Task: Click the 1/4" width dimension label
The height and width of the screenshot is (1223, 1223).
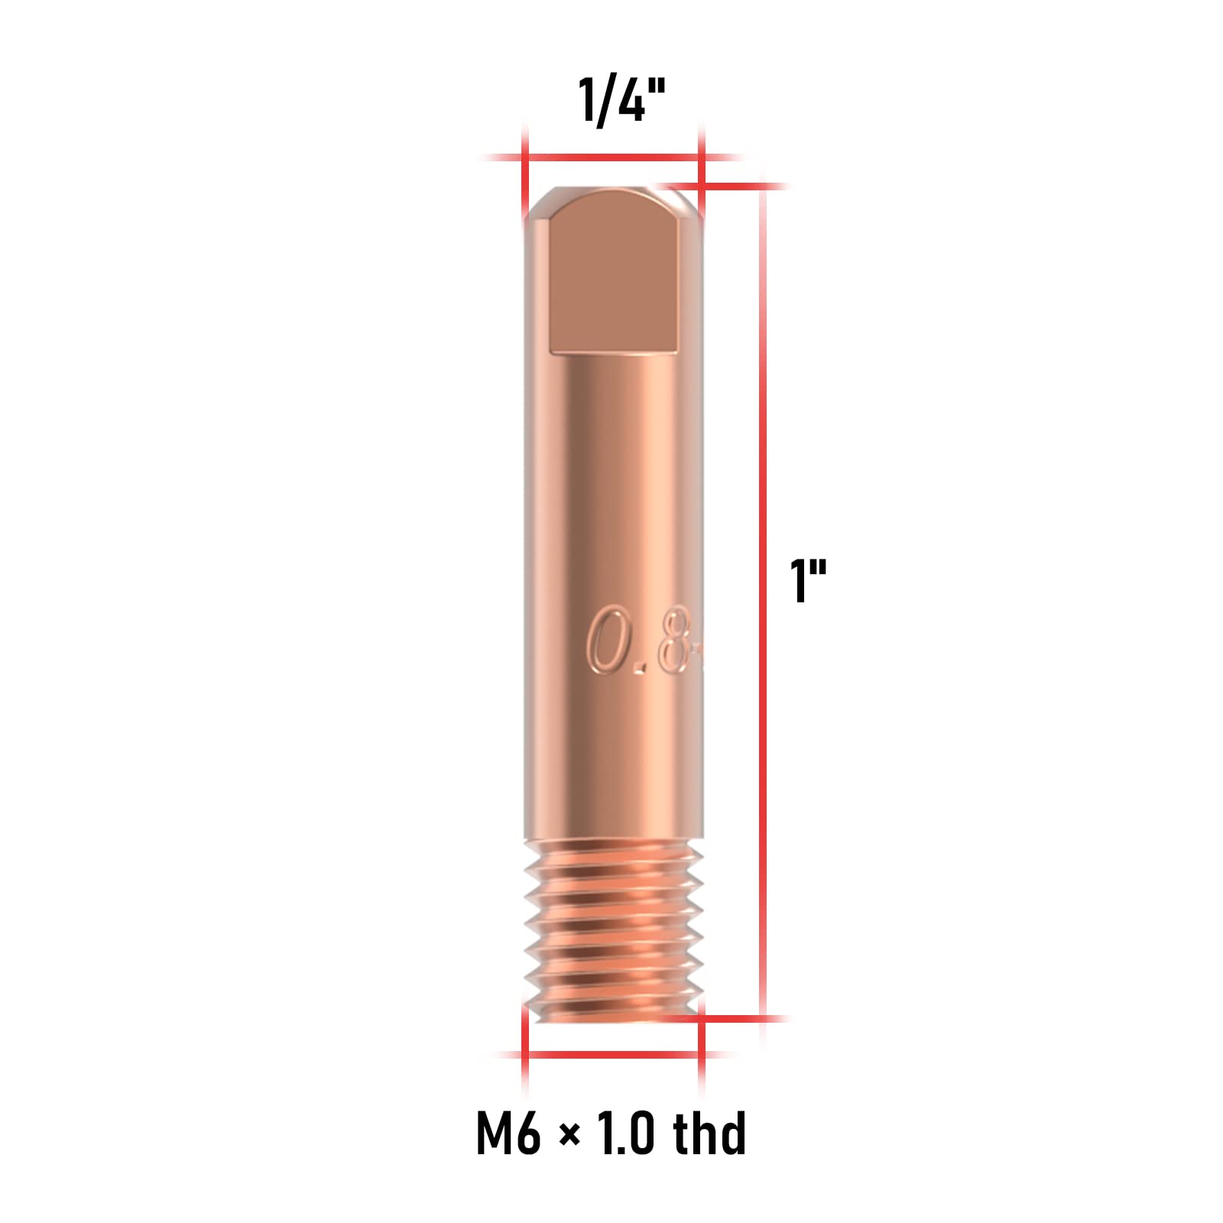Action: [x=621, y=100]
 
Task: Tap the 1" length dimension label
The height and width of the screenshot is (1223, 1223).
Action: [x=807, y=581]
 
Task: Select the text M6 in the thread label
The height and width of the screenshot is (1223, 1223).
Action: [x=508, y=1133]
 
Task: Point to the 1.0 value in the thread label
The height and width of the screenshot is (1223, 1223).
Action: [x=624, y=1133]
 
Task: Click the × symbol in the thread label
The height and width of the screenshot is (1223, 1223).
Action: [x=569, y=1136]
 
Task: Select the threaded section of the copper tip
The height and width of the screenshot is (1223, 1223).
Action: [x=613, y=929]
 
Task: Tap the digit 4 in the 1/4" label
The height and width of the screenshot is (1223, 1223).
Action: [x=631, y=100]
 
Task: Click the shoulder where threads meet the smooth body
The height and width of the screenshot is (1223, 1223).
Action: [x=613, y=841]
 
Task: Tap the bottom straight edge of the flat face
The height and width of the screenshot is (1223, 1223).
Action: [x=614, y=352]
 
